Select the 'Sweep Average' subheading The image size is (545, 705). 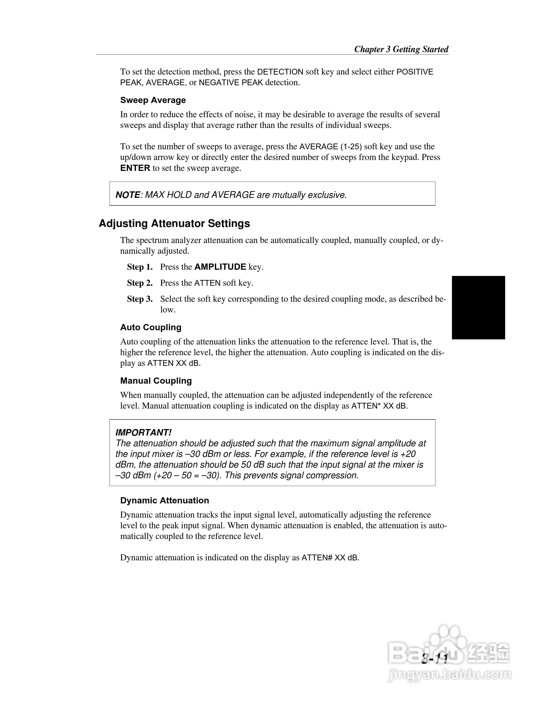point(153,100)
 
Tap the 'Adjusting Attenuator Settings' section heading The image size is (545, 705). point(174,223)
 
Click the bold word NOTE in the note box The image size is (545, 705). point(128,195)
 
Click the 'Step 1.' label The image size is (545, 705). point(140,267)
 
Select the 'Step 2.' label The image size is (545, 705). point(140,283)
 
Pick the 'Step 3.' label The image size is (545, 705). point(140,299)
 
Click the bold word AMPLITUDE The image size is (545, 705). point(220,267)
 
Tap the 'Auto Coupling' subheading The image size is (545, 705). point(150,327)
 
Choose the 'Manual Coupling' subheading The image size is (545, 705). point(156,381)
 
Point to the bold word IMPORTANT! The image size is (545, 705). point(143,433)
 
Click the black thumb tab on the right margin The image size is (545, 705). point(478,307)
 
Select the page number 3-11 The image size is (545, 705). point(435,659)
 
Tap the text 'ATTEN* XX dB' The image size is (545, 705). point(379,406)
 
